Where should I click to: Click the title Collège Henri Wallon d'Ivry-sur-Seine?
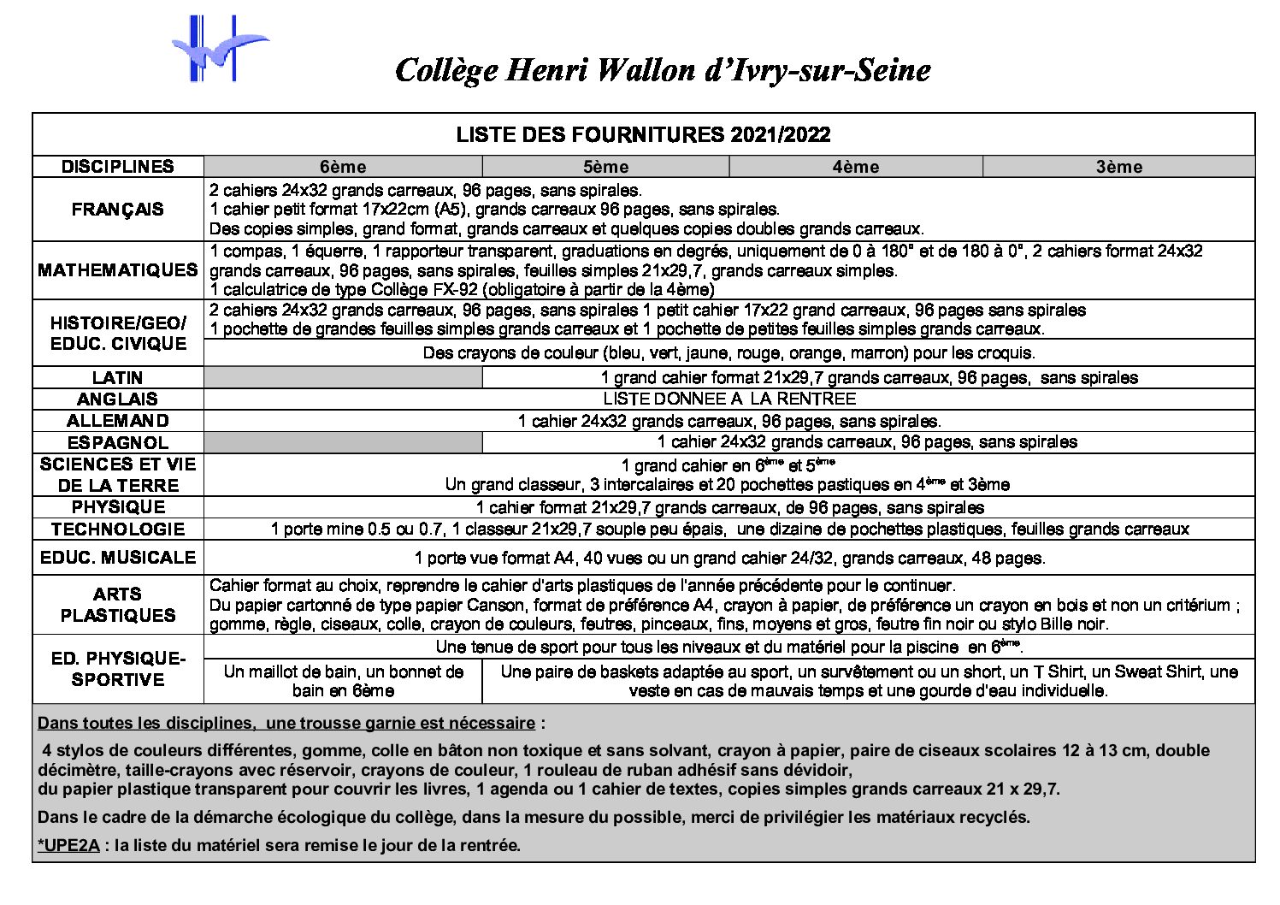coord(662,69)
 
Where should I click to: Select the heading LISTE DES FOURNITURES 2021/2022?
coord(643,135)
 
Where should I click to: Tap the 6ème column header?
coord(343,167)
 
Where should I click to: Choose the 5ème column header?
coord(605,167)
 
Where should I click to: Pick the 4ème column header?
coord(856,167)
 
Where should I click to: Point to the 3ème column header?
coord(1118,167)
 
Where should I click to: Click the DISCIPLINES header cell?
coord(118,167)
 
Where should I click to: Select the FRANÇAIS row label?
coord(118,210)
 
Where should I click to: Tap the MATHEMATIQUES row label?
coord(118,270)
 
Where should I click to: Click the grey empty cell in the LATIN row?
coord(343,377)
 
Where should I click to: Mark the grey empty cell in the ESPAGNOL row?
coord(343,442)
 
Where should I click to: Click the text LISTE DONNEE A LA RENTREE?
coord(728,399)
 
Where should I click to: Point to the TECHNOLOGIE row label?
coord(118,529)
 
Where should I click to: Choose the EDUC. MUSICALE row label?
coord(118,558)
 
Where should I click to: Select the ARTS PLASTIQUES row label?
coord(118,605)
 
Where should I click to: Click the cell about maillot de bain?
coord(343,681)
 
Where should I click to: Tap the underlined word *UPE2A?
coord(69,845)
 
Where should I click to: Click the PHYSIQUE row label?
coord(118,507)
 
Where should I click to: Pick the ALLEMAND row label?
coord(118,421)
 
